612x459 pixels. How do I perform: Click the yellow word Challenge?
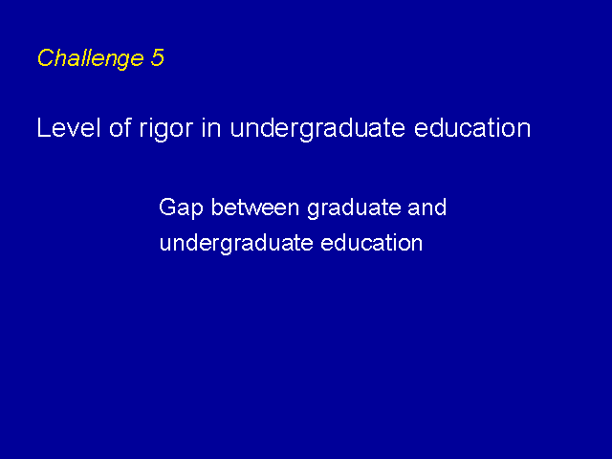pos(90,58)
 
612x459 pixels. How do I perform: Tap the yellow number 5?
pos(157,57)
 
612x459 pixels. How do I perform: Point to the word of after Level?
pos(120,127)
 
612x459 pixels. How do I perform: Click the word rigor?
pos(166,130)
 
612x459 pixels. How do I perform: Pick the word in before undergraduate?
pos(212,127)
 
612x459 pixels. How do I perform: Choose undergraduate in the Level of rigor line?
pos(317,130)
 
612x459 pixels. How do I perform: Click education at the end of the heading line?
pos(472,127)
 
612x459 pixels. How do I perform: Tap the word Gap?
pos(181,208)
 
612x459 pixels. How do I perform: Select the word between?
pos(255,207)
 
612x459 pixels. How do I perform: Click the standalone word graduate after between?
pos(354,208)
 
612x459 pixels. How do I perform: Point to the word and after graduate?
pos(427,207)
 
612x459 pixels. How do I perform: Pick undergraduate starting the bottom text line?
pos(236,245)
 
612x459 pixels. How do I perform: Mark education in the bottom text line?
pos(372,242)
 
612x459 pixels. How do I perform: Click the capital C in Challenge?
pos(45,57)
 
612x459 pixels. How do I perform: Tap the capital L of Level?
pos(43,127)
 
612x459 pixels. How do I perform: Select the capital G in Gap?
pos(167,207)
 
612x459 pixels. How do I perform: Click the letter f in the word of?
pos(128,127)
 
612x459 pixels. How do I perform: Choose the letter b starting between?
pos(217,207)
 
